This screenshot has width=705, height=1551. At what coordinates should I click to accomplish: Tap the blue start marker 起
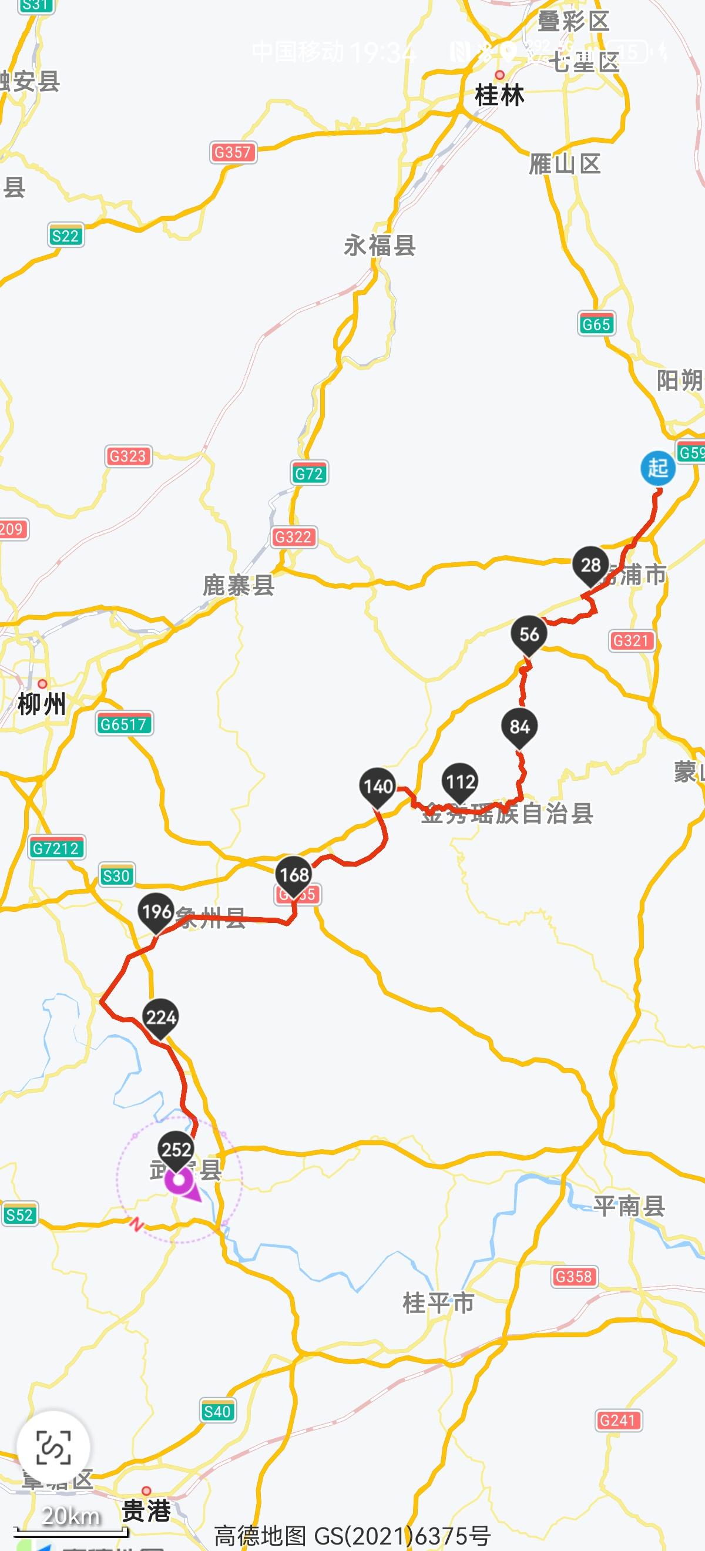[657, 468]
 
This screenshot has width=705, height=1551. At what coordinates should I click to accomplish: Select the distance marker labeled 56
[529, 634]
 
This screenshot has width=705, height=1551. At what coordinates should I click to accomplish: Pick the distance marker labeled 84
[519, 727]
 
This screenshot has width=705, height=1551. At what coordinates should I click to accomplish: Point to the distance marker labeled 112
[461, 781]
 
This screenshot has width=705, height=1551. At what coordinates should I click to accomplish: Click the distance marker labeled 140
[378, 786]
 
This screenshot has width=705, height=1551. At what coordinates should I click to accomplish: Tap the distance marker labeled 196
[156, 912]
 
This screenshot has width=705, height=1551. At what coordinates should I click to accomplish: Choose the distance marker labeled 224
[161, 1018]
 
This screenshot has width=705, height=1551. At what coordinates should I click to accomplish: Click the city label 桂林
[499, 95]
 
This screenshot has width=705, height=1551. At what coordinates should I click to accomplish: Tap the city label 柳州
[42, 703]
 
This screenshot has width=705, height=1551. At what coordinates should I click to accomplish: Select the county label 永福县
[380, 246]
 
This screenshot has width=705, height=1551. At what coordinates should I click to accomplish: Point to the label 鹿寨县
[239, 585]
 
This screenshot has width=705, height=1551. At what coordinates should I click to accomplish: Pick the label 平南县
[629, 1205]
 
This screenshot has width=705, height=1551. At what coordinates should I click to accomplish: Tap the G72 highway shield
[309, 474]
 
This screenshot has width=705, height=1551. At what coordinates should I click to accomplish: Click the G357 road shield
[233, 152]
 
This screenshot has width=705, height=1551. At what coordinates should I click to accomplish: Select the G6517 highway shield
[124, 724]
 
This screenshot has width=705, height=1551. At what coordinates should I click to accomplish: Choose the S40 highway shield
[217, 1411]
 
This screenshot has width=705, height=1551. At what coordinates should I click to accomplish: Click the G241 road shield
[617, 1421]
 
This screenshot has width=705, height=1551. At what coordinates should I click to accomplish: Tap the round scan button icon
[53, 1448]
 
